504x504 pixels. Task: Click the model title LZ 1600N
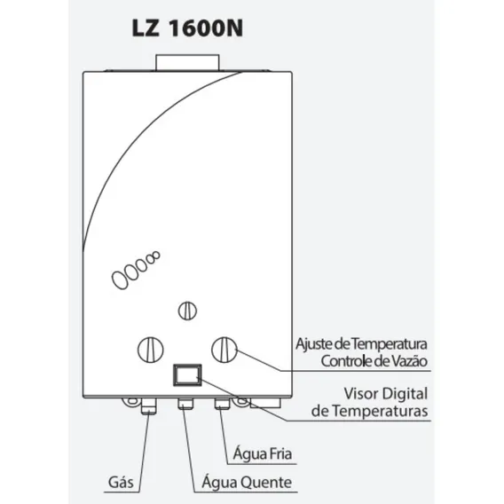pos(187,28)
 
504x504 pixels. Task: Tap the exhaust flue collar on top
pos(187,63)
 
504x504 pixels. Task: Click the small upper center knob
pos(187,311)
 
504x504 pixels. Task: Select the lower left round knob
pos(151,350)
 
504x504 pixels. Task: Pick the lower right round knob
pos(224,350)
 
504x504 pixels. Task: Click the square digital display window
pos(187,375)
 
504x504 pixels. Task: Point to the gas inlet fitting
pos(148,406)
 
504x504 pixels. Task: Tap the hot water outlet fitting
pos(185,404)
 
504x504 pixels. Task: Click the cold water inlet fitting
pos(223,404)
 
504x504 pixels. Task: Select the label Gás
pos(121,482)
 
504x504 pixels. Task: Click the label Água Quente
pos(247,482)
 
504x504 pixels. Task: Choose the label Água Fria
pos(263,453)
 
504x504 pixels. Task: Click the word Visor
pos(359,394)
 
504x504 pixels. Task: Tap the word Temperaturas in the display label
pos(380,411)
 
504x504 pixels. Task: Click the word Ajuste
pos(314,344)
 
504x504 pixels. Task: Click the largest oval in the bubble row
pos(120,280)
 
